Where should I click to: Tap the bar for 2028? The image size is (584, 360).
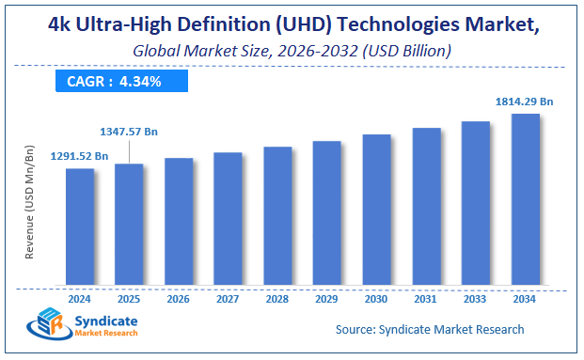tap(277, 215)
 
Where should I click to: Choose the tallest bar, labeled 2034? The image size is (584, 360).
tap(525, 198)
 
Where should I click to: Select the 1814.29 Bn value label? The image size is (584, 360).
tap(524, 100)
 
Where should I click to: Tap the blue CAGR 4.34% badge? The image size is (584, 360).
tap(114, 82)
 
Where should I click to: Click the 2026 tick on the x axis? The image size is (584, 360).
tap(179, 298)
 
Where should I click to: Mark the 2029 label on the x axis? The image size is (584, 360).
tap(326, 298)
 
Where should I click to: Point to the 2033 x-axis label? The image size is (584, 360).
tap(475, 298)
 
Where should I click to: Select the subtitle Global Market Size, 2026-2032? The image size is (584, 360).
tap(291, 50)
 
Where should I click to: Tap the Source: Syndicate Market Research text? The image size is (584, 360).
tap(430, 329)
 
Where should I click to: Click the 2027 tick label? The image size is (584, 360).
tap(228, 298)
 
